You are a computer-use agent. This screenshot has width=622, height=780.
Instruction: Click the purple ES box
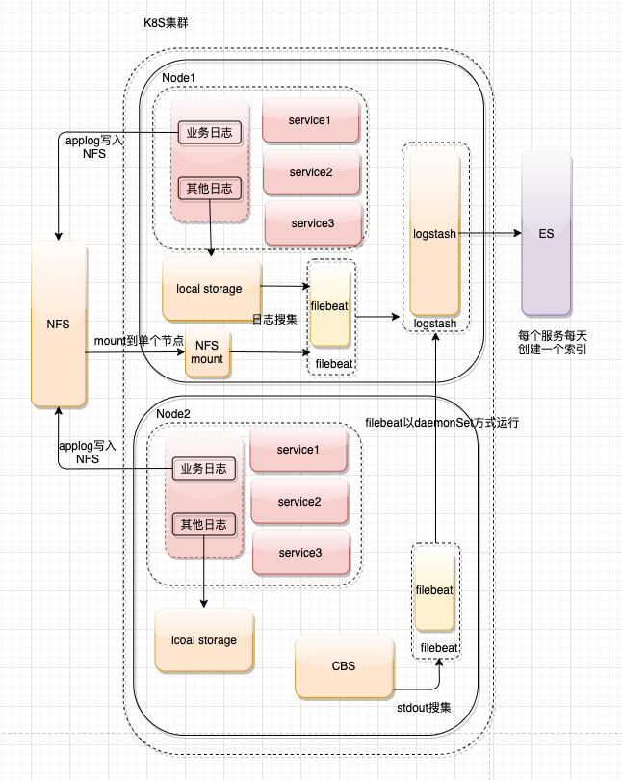pos(547,233)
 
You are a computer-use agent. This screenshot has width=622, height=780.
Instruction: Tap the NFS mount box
pos(208,351)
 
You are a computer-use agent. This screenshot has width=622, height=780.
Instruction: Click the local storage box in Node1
pos(211,288)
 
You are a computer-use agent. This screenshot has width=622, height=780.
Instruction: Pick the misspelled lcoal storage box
pos(204,639)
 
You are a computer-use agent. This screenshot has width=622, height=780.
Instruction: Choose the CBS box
pos(344,665)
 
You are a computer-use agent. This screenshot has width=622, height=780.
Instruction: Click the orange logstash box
pos(434,234)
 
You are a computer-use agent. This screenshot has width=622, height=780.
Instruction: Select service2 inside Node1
pos(311,172)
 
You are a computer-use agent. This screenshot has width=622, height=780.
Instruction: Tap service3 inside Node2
pos(298,553)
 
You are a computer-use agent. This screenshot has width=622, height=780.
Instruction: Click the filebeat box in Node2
pos(434,589)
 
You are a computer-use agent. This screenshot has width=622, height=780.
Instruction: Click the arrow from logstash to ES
pos(488,234)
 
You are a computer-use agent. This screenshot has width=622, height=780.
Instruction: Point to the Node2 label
pos(173,413)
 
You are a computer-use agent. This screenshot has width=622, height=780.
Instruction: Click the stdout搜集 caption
pos(424,708)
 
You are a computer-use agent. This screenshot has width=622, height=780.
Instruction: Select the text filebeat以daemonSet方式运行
pos(442,422)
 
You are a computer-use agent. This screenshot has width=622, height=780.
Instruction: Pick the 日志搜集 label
pos(274,319)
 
